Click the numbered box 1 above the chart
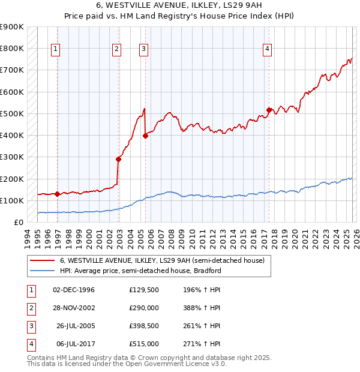pyautogui.click(x=56, y=50)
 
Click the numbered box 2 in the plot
pyautogui.click(x=116, y=50)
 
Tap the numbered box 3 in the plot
pyautogui.click(x=144, y=50)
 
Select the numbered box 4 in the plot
pyautogui.click(x=267, y=50)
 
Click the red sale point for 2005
pyautogui.click(x=145, y=136)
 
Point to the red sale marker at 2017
pyautogui.click(x=269, y=110)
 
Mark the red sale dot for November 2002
pyautogui.click(x=118, y=159)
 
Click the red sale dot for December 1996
pyautogui.click(x=58, y=194)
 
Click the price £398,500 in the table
pyautogui.click(x=144, y=327)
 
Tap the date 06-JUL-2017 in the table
pyautogui.click(x=74, y=344)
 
